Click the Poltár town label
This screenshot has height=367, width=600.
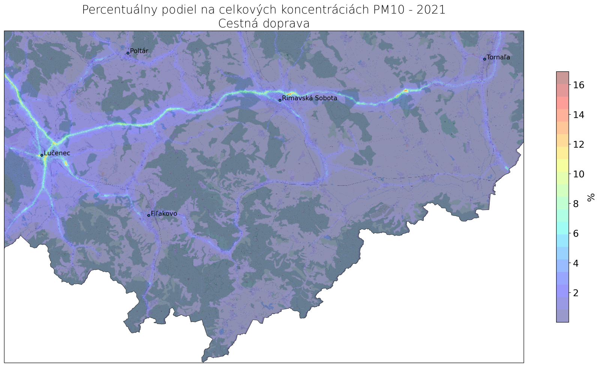coord(139,51)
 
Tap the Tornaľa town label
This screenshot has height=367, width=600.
coord(498,57)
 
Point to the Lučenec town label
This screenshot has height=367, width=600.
coord(57,153)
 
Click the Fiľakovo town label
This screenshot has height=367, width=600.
coord(164,214)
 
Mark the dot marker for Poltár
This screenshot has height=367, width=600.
coord(128,53)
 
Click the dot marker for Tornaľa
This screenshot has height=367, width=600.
coord(484,59)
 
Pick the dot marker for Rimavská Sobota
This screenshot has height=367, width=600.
coord(280,100)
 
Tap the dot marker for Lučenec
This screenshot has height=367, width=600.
coord(42,155)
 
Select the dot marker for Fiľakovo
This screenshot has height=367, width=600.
coord(149,215)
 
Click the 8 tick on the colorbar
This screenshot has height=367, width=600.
coord(576,204)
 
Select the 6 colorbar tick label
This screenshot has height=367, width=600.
coord(576,234)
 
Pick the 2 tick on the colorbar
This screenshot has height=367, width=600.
coord(576,293)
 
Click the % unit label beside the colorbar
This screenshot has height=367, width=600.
coord(591,197)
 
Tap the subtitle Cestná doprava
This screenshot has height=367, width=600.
coord(264,24)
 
